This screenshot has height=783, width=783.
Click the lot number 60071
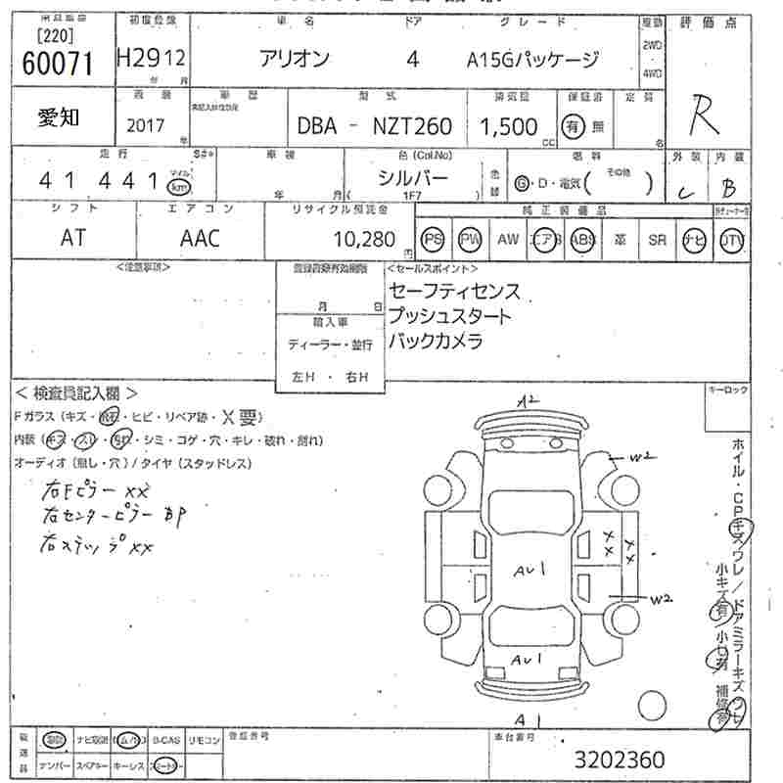click(57, 63)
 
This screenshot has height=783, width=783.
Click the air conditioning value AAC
click(201, 238)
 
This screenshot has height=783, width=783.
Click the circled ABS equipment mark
click(582, 240)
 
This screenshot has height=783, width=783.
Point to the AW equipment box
click(508, 240)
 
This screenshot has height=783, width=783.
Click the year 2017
click(147, 126)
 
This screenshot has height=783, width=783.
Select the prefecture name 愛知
click(60, 118)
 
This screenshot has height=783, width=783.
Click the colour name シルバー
click(414, 177)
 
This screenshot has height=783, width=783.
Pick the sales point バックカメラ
click(436, 341)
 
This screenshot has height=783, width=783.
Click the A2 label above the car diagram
click(530, 400)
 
